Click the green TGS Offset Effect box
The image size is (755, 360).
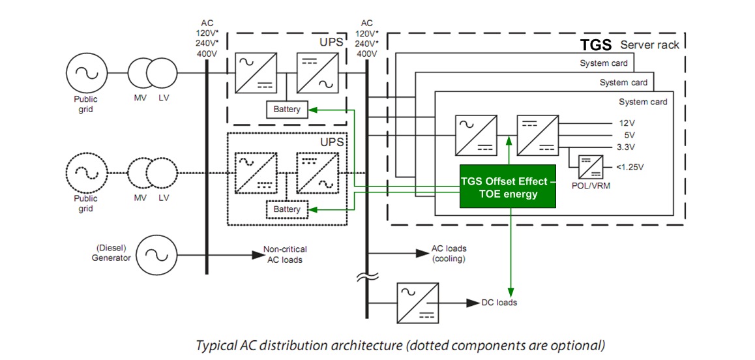508,187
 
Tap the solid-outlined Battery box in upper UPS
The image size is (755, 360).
287,110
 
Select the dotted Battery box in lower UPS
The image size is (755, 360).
287,209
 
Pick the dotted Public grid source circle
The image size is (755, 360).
86,172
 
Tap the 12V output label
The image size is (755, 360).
625,123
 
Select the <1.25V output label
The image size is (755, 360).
630,168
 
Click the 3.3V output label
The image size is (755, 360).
627,147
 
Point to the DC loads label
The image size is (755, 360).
499,303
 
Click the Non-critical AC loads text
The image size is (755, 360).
285,254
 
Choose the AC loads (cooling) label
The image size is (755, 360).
449,254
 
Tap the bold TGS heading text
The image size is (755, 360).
596,45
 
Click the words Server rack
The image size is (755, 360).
649,45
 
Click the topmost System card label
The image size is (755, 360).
604,63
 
